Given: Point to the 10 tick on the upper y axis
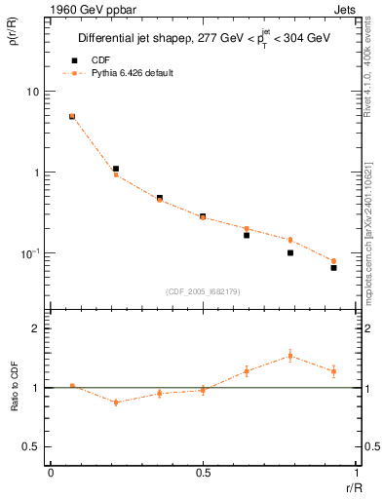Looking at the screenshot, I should (x=31, y=92).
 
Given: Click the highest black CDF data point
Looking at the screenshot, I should (x=72, y=117).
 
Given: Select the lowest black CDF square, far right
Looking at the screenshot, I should (x=333, y=267).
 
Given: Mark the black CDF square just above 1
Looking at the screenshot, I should (x=116, y=169).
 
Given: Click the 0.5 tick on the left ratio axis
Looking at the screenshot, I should (x=31, y=446).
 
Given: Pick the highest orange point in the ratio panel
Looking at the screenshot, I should (x=290, y=356).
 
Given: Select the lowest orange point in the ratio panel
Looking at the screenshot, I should (x=116, y=402).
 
